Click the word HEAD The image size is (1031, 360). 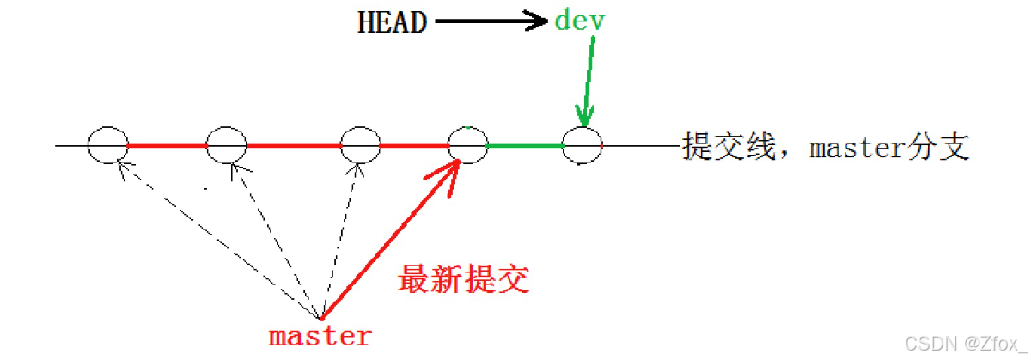click(x=392, y=22)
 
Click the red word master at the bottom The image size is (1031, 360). click(x=320, y=336)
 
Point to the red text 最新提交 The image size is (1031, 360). click(x=462, y=280)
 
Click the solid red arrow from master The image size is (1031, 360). click(x=387, y=241)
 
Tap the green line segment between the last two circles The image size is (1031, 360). click(x=525, y=146)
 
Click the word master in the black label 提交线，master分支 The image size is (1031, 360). click(x=856, y=148)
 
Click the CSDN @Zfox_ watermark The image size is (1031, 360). click(x=961, y=345)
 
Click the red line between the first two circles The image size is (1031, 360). click(x=168, y=146)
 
